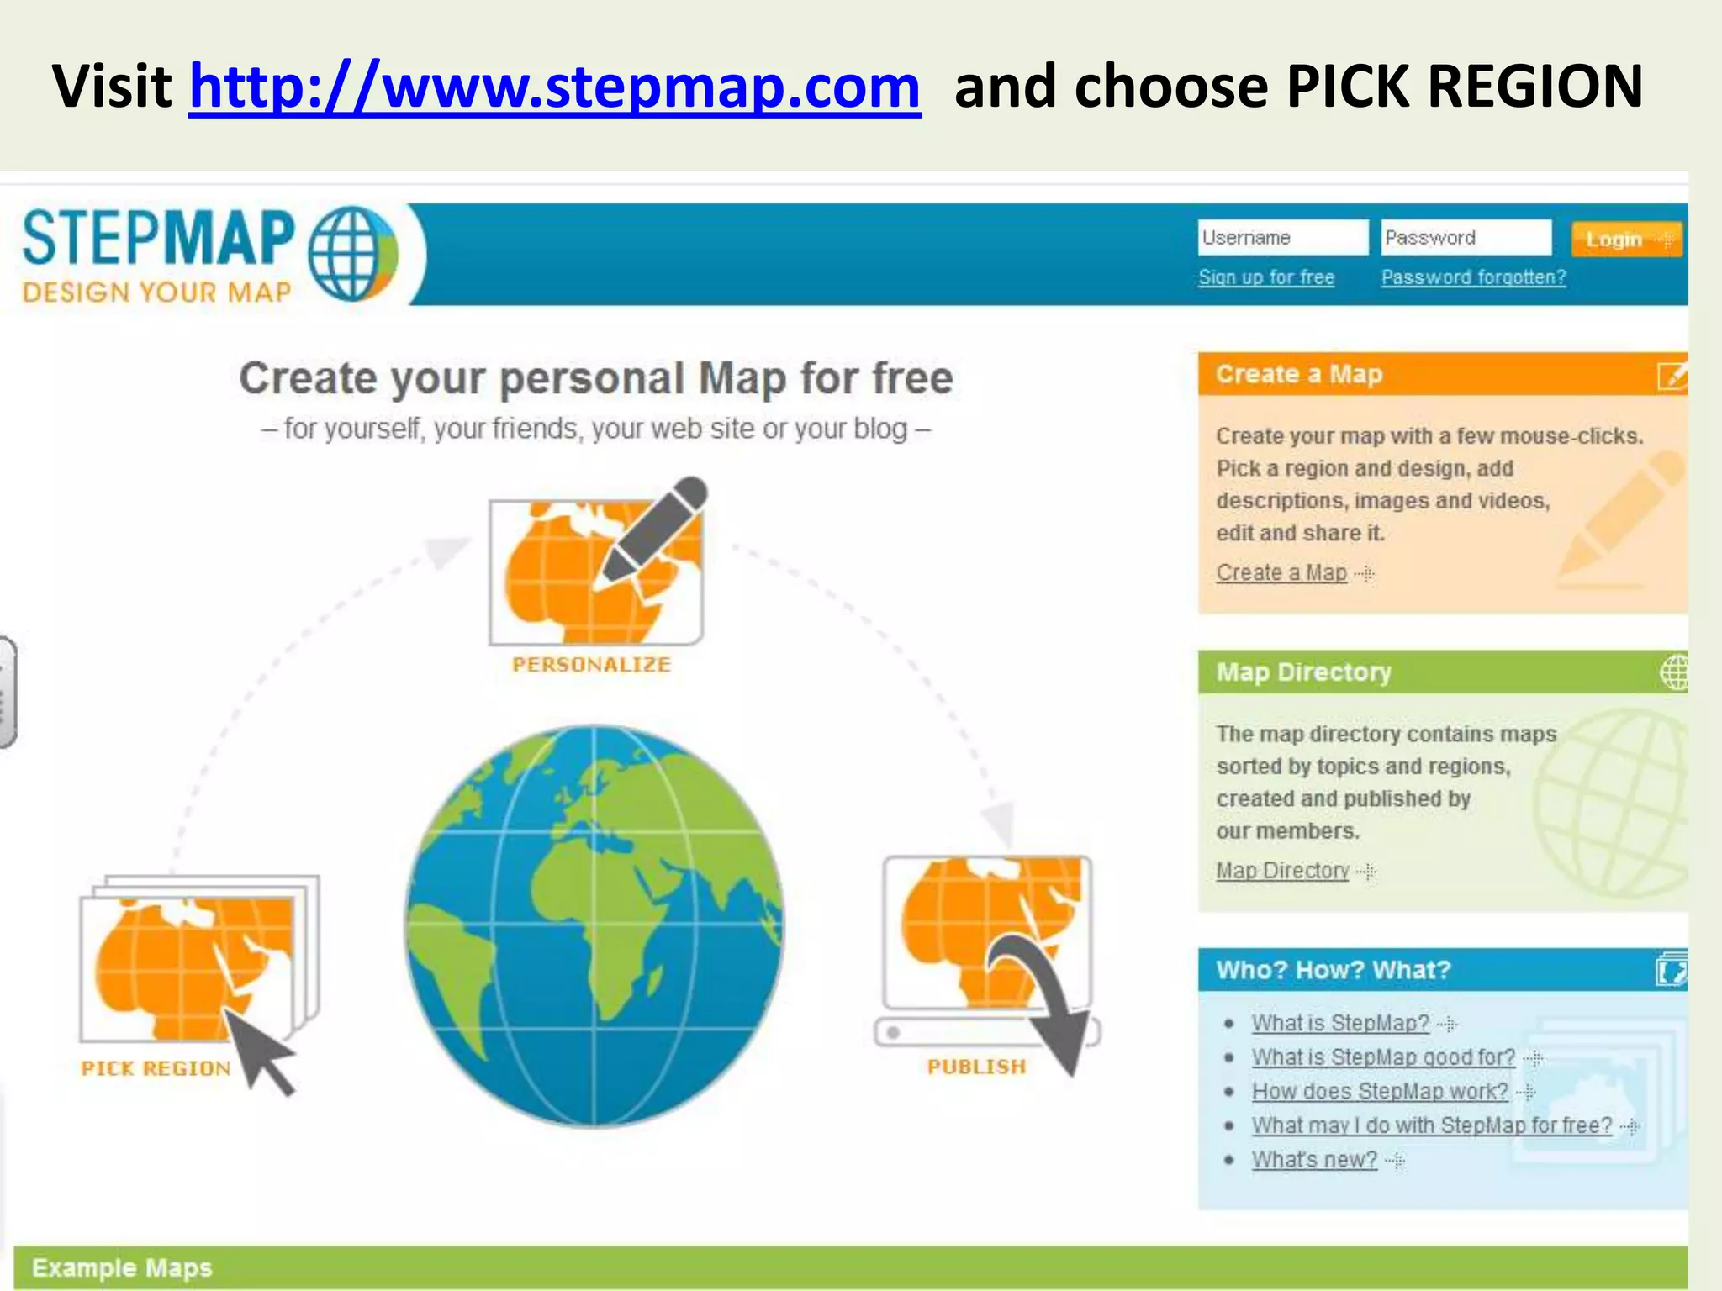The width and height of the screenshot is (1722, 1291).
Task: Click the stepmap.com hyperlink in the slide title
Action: (x=554, y=87)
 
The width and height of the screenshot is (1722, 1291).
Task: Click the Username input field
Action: (x=1281, y=238)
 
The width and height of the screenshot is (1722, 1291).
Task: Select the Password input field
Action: (x=1466, y=238)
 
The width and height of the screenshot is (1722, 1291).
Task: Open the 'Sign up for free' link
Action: (x=1266, y=277)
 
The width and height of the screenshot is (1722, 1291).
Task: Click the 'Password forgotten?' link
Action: (x=1473, y=277)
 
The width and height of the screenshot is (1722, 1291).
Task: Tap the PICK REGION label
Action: (x=156, y=1068)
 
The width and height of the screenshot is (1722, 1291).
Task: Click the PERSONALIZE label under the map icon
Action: (x=592, y=665)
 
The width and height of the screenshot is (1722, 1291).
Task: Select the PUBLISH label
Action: (x=976, y=1067)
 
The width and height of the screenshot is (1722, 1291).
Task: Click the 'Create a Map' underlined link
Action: (x=1281, y=573)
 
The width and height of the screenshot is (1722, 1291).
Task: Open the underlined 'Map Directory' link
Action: (x=1282, y=871)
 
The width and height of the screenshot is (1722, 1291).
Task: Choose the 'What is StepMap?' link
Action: (x=1340, y=1023)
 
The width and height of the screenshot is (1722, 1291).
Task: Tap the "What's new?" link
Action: (x=1314, y=1160)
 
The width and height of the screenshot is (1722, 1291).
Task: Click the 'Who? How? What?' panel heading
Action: (x=1334, y=970)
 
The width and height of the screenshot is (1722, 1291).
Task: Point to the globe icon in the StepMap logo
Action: (x=351, y=253)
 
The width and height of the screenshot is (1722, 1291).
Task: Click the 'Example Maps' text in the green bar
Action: (x=122, y=1267)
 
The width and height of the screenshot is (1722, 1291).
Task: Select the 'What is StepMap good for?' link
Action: (x=1383, y=1057)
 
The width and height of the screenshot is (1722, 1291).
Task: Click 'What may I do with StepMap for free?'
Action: (x=1432, y=1125)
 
